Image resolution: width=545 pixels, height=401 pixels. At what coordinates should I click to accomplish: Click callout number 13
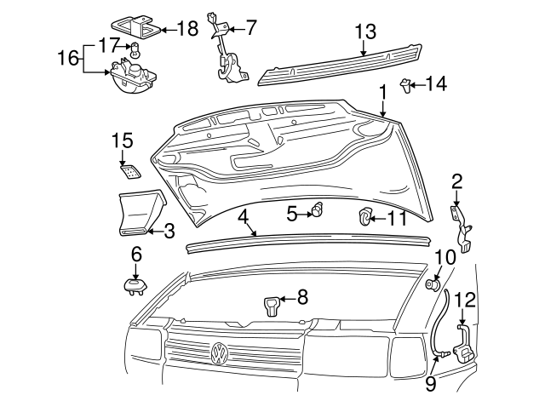pos(364,32)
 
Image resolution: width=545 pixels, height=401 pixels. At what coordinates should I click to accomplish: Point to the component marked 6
pos(133,285)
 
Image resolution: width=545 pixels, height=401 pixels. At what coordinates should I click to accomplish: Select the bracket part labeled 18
pos(137,28)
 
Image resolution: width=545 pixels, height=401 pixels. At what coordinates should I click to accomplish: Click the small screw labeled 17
pos(135,48)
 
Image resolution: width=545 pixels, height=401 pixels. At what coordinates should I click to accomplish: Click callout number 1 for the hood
pos(383,89)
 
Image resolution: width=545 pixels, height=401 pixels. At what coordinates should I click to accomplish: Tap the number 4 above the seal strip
pos(244,216)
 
